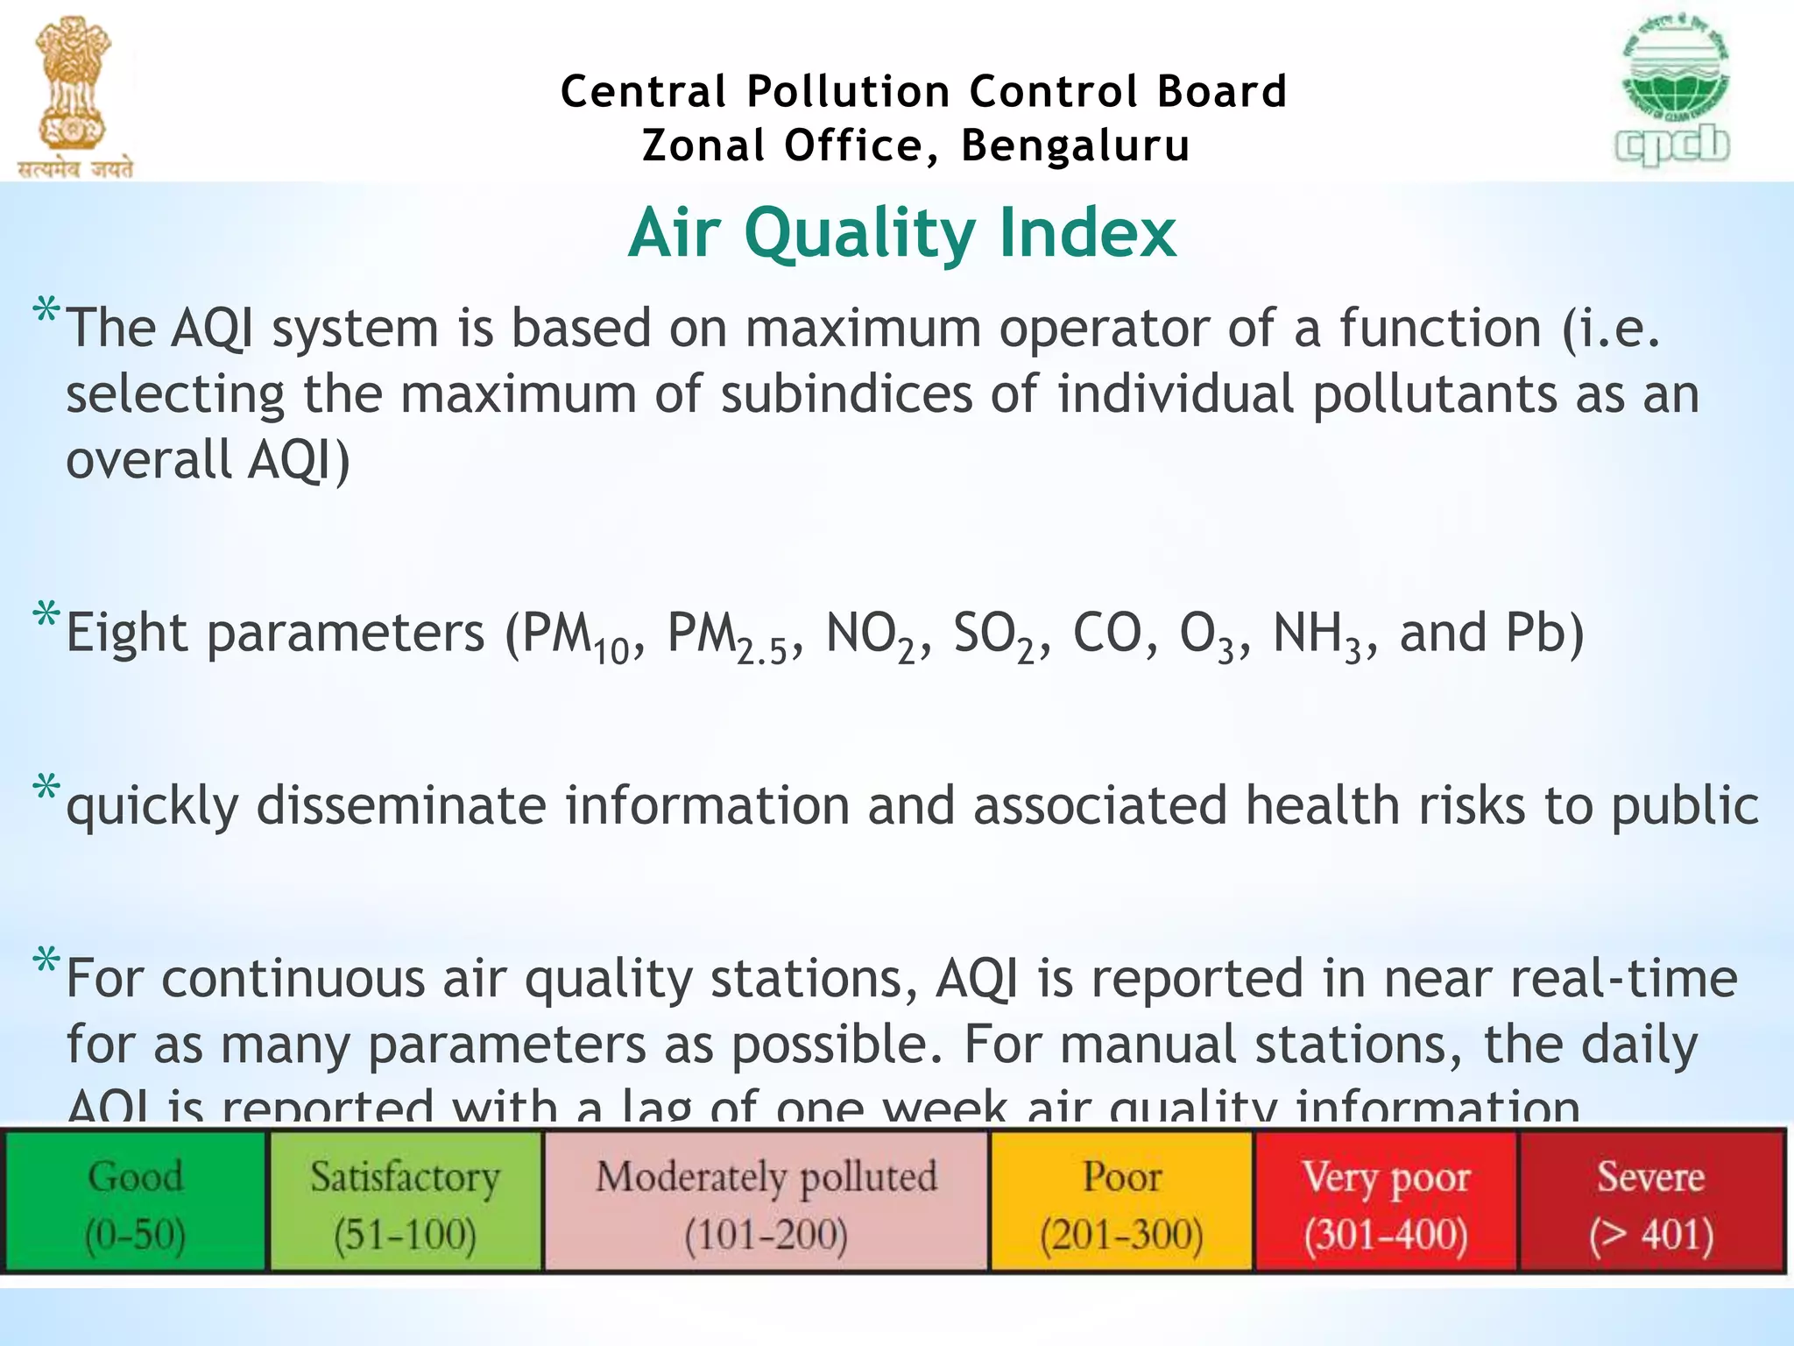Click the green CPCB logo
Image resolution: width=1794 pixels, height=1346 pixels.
coord(1673,92)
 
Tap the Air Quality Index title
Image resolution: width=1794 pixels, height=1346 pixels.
coord(902,232)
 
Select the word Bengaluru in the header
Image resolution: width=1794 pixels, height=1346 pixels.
coord(1076,145)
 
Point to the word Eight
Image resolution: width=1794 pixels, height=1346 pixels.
coord(126,633)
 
